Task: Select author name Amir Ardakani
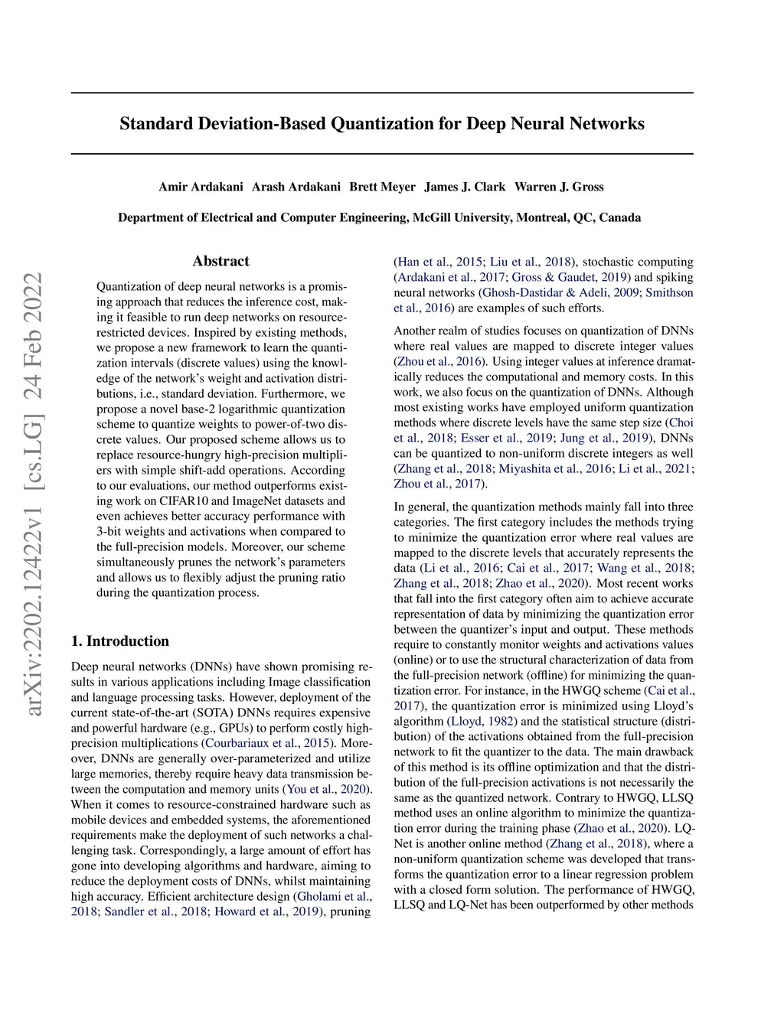201,187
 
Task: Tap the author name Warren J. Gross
559,187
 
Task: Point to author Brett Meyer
382,187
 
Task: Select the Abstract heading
220,261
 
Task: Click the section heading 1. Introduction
120,641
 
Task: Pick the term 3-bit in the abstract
110,531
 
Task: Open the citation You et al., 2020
326,789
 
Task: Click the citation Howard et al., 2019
266,911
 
